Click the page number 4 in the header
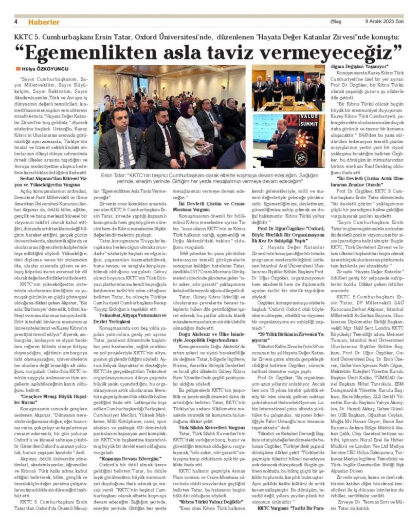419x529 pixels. click(x=16, y=22)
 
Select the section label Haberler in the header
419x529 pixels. click(x=44, y=22)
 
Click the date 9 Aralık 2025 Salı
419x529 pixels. click(x=384, y=22)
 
